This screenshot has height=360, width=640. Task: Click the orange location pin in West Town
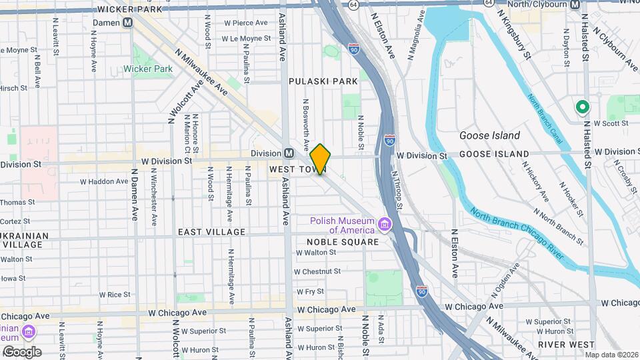(321, 160)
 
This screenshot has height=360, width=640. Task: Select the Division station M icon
(289, 153)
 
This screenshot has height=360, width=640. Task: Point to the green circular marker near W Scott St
(582, 107)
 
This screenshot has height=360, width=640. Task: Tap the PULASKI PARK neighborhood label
(323, 81)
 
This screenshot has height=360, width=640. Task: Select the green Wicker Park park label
(147, 69)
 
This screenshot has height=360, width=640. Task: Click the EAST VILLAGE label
(211, 232)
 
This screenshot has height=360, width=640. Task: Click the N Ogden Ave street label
(505, 279)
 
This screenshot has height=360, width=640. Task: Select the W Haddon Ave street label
(103, 181)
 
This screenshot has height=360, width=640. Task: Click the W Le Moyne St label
(247, 39)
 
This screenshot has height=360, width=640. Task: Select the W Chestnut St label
(317, 271)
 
